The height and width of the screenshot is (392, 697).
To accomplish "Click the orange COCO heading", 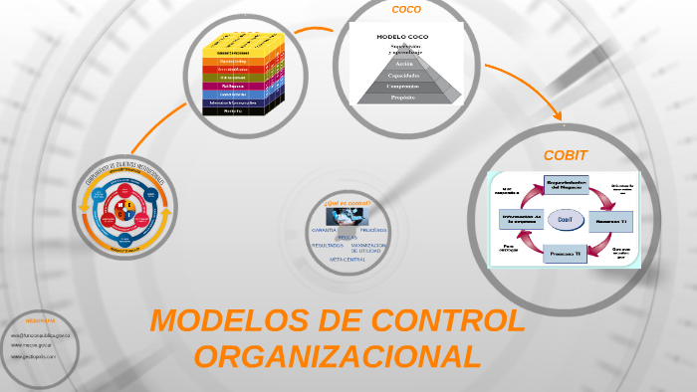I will tap(406, 10).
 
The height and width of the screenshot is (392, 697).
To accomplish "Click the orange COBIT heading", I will tap(565, 155).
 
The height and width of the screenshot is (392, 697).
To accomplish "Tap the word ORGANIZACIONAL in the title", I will tap(337, 356).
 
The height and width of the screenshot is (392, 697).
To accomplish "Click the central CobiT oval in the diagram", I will tap(564, 218).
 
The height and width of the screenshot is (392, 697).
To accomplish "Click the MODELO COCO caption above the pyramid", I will tap(399, 37).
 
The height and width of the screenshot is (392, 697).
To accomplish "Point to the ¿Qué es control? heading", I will tap(347, 203).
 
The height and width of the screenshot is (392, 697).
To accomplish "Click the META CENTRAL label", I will tap(348, 258).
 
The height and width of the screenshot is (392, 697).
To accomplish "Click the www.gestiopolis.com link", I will tap(34, 355).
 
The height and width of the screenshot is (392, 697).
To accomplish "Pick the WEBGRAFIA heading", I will tap(41, 322).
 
